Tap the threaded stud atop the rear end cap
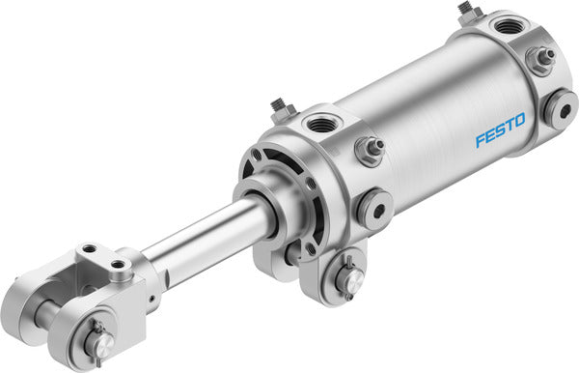pos(469,11)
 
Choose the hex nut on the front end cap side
pos(371,149)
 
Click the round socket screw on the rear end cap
pos(560,105)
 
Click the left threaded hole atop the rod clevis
pos(90,250)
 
